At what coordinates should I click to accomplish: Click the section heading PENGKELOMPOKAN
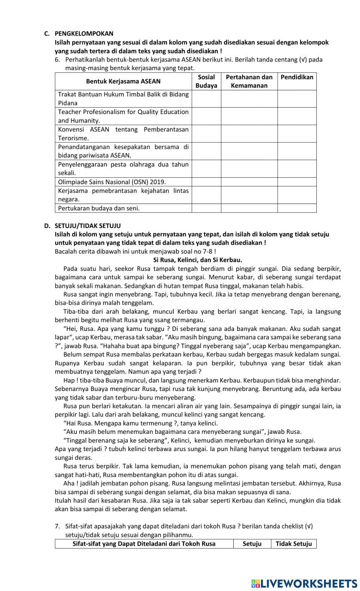coord(84,34)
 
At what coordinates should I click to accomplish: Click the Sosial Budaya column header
coord(206,81)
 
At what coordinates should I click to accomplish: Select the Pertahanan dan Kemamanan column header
coord(249,81)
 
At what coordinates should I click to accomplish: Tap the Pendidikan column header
coord(297,77)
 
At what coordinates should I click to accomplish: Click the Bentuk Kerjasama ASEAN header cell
coord(123,81)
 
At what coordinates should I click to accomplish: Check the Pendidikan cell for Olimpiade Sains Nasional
coord(297,182)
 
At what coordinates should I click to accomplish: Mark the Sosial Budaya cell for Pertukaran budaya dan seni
coord(206,208)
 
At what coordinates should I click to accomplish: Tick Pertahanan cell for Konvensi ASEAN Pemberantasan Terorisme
coord(249,134)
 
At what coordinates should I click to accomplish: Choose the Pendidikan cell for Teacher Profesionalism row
coord(297,116)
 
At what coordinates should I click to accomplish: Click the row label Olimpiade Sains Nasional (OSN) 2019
coord(112,182)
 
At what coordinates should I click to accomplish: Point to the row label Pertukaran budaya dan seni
coord(99,208)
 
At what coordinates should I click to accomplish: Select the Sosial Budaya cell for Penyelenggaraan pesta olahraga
coord(206,169)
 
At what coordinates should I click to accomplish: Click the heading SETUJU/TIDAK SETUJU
coord(87,226)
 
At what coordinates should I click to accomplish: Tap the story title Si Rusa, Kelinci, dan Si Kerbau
coord(198,260)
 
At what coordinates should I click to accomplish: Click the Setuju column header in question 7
coord(252,544)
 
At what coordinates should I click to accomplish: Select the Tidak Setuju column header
coord(294,544)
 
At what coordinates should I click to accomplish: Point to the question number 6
coord(57,60)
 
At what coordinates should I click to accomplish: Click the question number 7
coord(57,526)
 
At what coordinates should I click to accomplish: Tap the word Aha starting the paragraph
coord(68,483)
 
